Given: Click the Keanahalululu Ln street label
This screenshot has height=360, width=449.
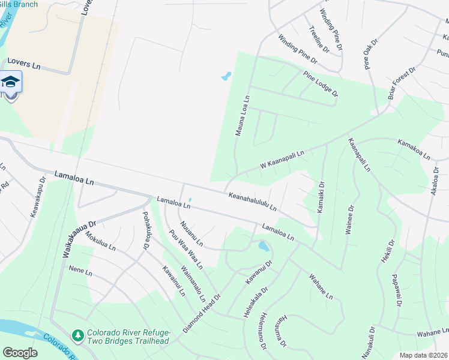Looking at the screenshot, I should pyautogui.click(x=252, y=202).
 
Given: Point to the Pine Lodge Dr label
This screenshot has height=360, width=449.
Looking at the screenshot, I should pyautogui.click(x=321, y=85).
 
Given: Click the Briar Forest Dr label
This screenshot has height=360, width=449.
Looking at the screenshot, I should pyautogui.click(x=402, y=88).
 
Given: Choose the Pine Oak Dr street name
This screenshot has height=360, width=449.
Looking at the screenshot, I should pyautogui.click(x=369, y=55).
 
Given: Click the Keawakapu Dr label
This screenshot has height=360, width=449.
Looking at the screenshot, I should pyautogui.click(x=38, y=197).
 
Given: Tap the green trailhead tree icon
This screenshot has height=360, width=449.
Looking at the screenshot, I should pyautogui.click(x=77, y=334).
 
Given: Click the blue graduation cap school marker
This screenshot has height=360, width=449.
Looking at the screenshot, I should pyautogui.click(x=10, y=82).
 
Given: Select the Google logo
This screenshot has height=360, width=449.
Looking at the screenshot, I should pyautogui.click(x=20, y=353).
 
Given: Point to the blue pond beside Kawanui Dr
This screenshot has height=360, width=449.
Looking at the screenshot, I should pyautogui.click(x=263, y=245).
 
